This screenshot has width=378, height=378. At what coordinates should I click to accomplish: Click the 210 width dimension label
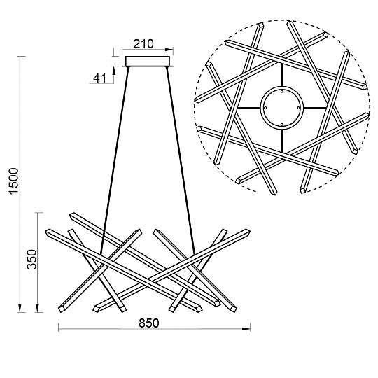[143, 44]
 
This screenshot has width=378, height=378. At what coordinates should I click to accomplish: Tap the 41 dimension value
[99, 78]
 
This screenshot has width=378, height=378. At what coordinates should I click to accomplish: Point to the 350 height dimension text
[31, 260]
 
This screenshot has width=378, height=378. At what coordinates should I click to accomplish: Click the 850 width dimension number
[149, 323]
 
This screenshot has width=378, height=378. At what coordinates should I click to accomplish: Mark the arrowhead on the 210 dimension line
[169, 50]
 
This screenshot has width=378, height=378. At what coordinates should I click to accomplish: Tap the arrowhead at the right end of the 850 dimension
[246, 329]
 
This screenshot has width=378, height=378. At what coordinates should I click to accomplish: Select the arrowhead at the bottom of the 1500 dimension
[20, 308]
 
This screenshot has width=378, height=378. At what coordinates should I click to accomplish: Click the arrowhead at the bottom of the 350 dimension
[38, 308]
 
